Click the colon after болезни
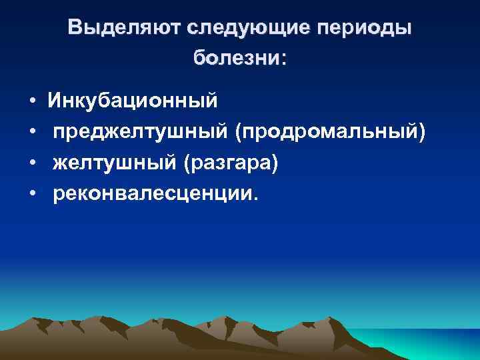pyautogui.click(x=284, y=59)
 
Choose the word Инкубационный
pyautogui.click(x=132, y=101)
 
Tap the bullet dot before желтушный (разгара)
pyautogui.click(x=32, y=163)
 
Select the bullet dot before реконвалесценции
pyautogui.click(x=32, y=194)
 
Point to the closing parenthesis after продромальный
pyautogui.click(x=420, y=133)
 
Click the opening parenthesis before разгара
pyautogui.click(x=189, y=163)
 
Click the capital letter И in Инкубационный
pyautogui.click(x=54, y=101)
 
